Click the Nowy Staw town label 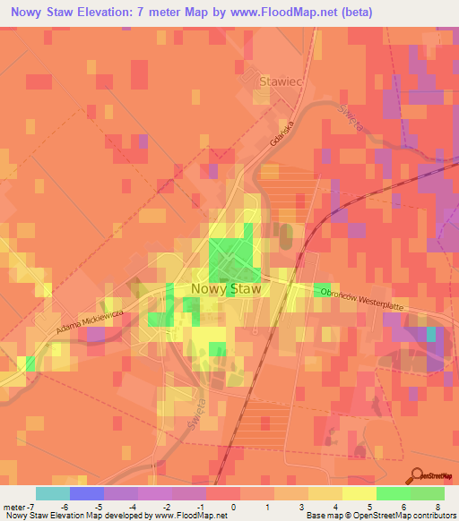coord(227,289)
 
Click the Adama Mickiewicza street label coord(91,319)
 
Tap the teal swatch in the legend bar coord(52,494)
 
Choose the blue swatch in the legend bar coord(86,494)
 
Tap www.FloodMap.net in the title coord(278,13)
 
